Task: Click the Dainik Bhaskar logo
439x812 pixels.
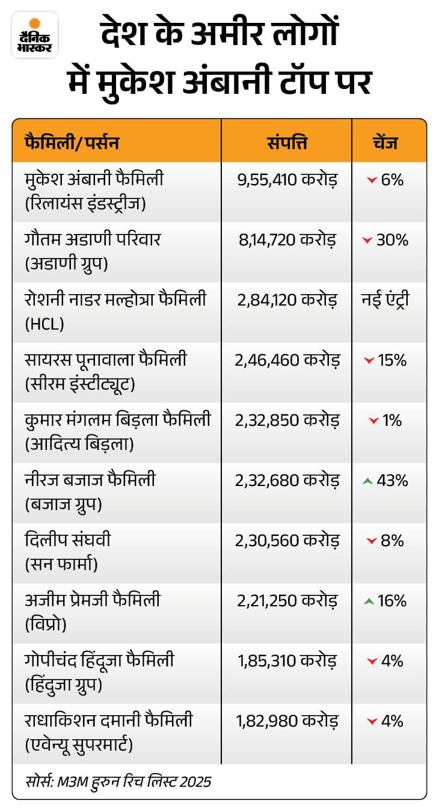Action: [x=34, y=35]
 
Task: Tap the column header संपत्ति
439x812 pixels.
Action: [x=287, y=143]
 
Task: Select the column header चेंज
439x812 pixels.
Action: [x=389, y=143]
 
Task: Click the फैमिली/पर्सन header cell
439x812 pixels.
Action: [x=72, y=143]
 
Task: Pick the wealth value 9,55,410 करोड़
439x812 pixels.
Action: [x=287, y=179]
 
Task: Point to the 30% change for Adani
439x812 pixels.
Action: [x=392, y=239]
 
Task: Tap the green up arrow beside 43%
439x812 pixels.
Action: [x=369, y=481]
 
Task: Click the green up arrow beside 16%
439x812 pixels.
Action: [x=369, y=601]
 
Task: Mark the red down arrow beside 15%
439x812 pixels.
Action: [x=369, y=360]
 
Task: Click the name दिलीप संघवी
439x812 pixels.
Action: [x=68, y=540]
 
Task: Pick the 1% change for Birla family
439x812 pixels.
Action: [x=392, y=420]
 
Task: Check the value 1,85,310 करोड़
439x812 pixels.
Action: [x=287, y=660]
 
